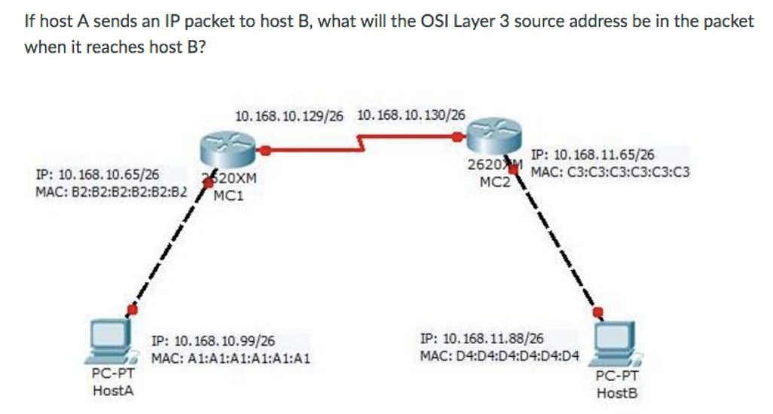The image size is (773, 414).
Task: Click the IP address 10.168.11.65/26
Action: pos(593,157)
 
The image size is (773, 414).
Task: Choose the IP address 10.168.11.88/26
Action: pos(483,339)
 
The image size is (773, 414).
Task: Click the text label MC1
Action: pos(227,197)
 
